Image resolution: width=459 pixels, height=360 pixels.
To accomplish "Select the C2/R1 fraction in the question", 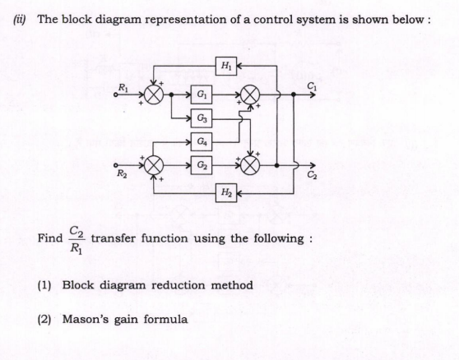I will point(76,238).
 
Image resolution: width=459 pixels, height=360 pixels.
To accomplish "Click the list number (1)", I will point(47,285).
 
